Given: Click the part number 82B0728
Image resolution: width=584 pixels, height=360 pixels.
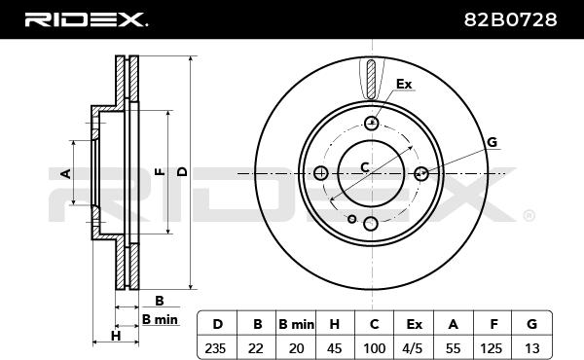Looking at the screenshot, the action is point(510,19).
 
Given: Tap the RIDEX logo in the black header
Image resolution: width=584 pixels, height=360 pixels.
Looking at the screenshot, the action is point(86,19).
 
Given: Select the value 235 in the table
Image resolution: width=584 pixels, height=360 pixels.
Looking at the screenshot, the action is point(215,348).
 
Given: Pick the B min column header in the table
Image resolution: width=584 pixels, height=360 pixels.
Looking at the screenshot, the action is point(296,324).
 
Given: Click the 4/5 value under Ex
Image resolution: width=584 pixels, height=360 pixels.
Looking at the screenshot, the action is point(413,348).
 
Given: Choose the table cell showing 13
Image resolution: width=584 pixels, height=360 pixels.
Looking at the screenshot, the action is point(531,348).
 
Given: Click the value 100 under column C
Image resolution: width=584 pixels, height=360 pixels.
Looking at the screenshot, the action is point(375,348).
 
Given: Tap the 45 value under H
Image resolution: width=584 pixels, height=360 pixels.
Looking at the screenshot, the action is point(334,348).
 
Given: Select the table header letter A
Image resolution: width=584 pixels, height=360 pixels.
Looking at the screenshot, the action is point(453,324).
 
